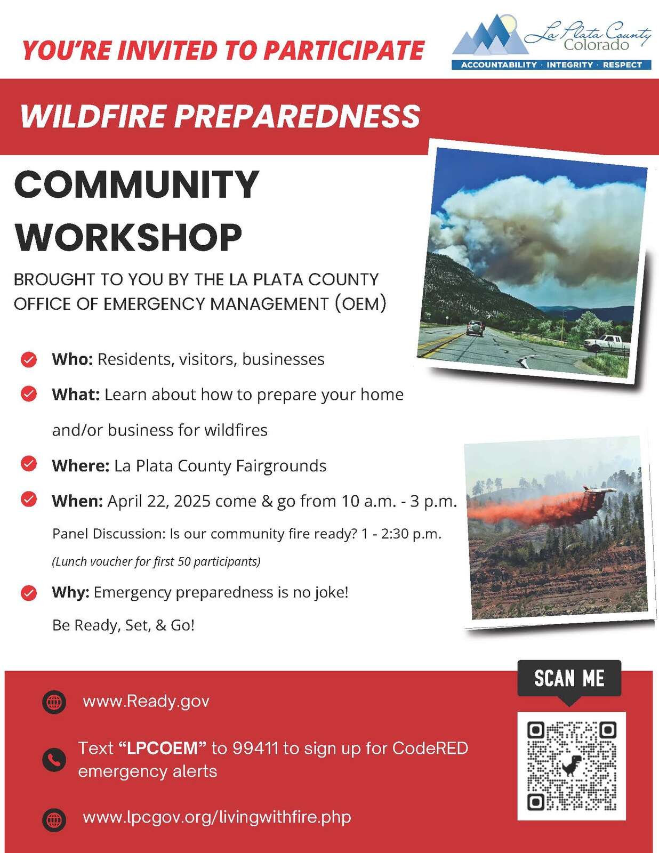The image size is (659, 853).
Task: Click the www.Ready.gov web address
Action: [x=146, y=702]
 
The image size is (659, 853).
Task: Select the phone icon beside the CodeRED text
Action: [x=54, y=760]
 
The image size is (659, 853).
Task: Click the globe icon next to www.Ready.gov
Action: [x=54, y=702]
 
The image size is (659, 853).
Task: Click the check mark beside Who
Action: [x=29, y=359]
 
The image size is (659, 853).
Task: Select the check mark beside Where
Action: [x=29, y=464]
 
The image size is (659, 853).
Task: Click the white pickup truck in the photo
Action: [x=607, y=343]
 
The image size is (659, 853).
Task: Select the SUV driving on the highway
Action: [x=475, y=328]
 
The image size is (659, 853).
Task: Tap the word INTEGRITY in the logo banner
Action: [x=569, y=65]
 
